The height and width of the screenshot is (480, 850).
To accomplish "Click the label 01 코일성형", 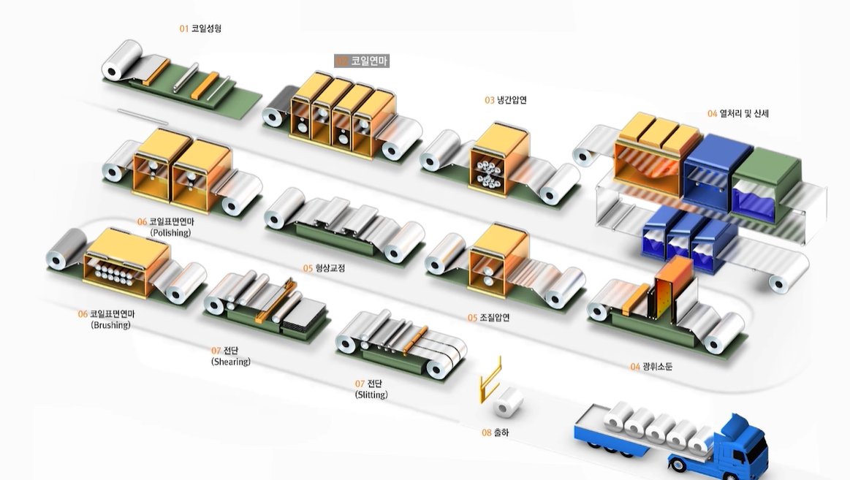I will click(x=200, y=28).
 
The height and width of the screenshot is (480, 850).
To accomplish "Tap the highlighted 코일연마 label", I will click(x=362, y=61).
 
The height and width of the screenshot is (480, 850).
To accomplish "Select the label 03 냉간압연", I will click(x=506, y=100).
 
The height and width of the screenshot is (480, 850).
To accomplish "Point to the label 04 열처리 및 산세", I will click(x=738, y=113).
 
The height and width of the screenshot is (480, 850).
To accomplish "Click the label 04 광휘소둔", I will click(x=651, y=366).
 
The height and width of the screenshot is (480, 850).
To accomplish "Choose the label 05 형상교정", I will click(x=324, y=268).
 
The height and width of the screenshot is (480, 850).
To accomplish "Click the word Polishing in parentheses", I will click(x=170, y=233).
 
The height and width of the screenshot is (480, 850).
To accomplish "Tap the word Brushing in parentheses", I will click(x=110, y=325).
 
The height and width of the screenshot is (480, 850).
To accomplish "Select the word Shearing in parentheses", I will click(x=231, y=362).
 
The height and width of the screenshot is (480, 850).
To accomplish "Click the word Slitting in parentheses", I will click(x=371, y=395).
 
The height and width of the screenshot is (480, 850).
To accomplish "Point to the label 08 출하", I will click(x=495, y=433).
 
